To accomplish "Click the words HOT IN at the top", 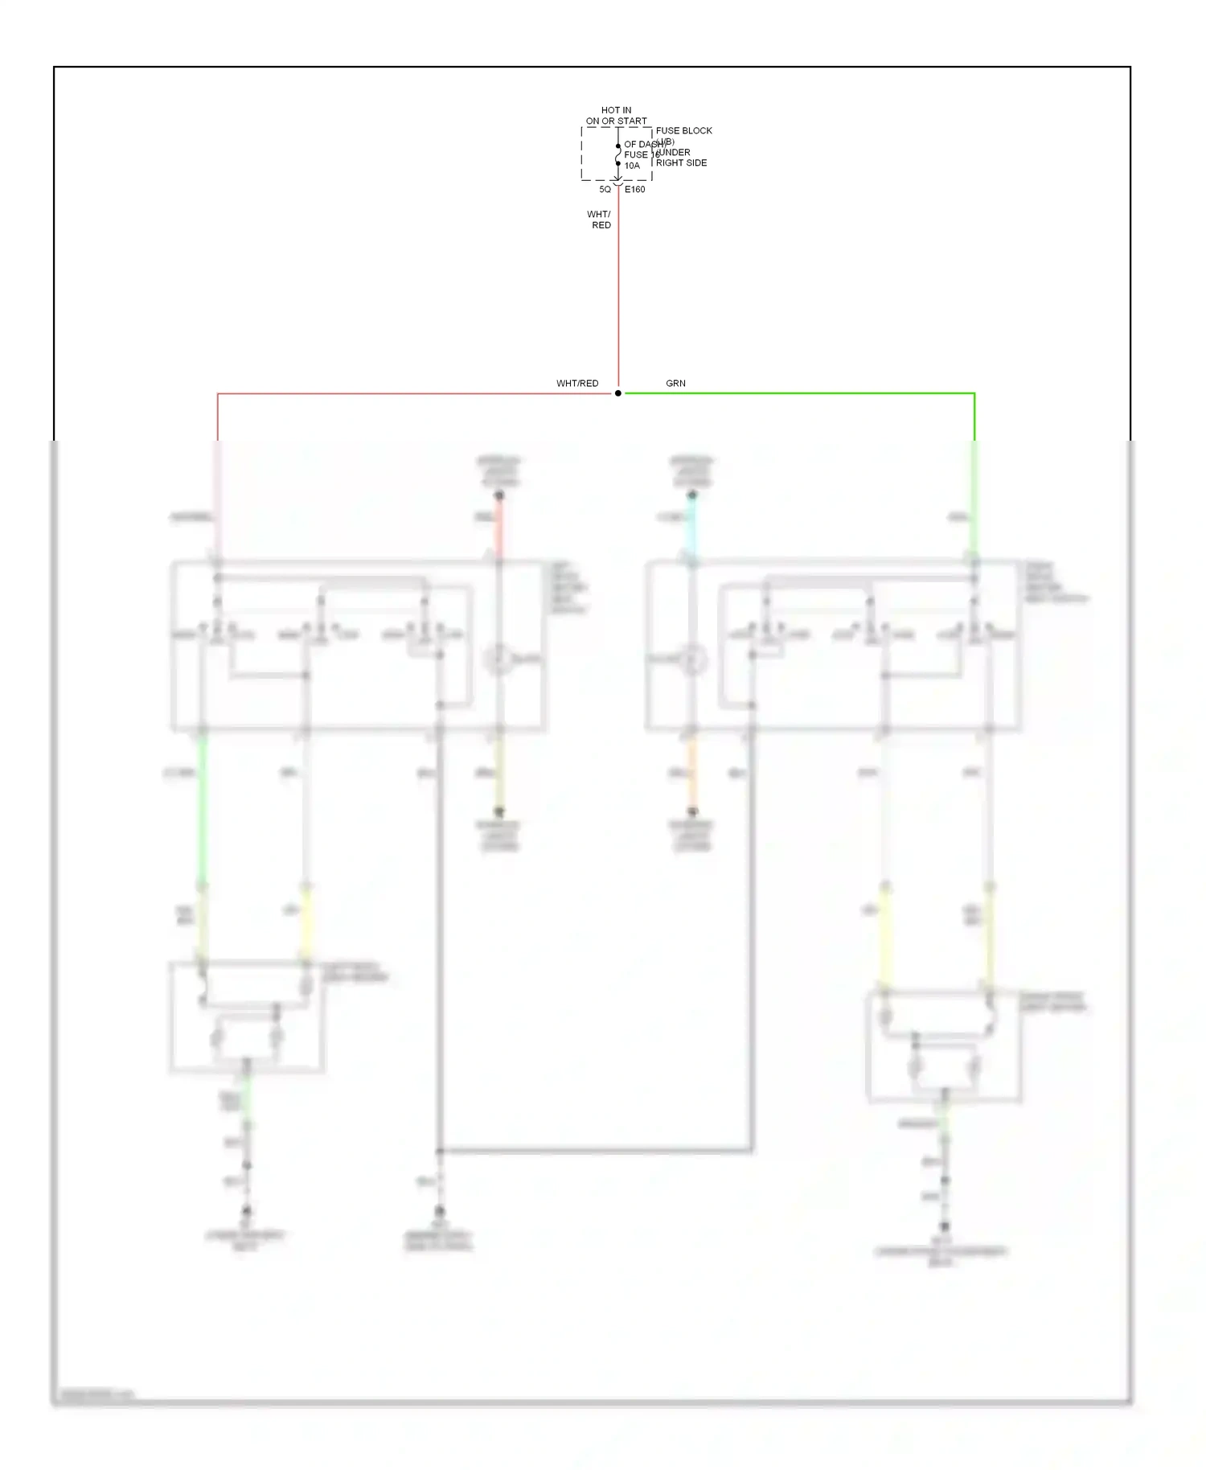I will click(616, 110).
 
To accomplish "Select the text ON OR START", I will click(616, 121).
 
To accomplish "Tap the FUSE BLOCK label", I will click(683, 130).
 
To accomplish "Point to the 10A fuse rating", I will click(632, 166).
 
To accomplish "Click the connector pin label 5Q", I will click(605, 190).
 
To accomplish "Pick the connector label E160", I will click(634, 190).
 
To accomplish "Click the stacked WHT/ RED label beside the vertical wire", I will click(599, 220).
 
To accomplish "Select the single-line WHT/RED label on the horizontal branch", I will click(577, 384).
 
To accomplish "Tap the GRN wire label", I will click(675, 384).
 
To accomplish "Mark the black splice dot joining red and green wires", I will click(617, 393).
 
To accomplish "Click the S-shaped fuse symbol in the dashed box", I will click(617, 154).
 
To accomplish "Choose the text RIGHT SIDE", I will click(681, 162).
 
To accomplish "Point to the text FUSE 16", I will click(641, 154).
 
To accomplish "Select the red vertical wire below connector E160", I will click(617, 289).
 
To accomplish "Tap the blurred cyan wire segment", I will click(692, 527).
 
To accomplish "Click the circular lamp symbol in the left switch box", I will click(498, 659).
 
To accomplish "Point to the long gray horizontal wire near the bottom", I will click(595, 1151).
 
